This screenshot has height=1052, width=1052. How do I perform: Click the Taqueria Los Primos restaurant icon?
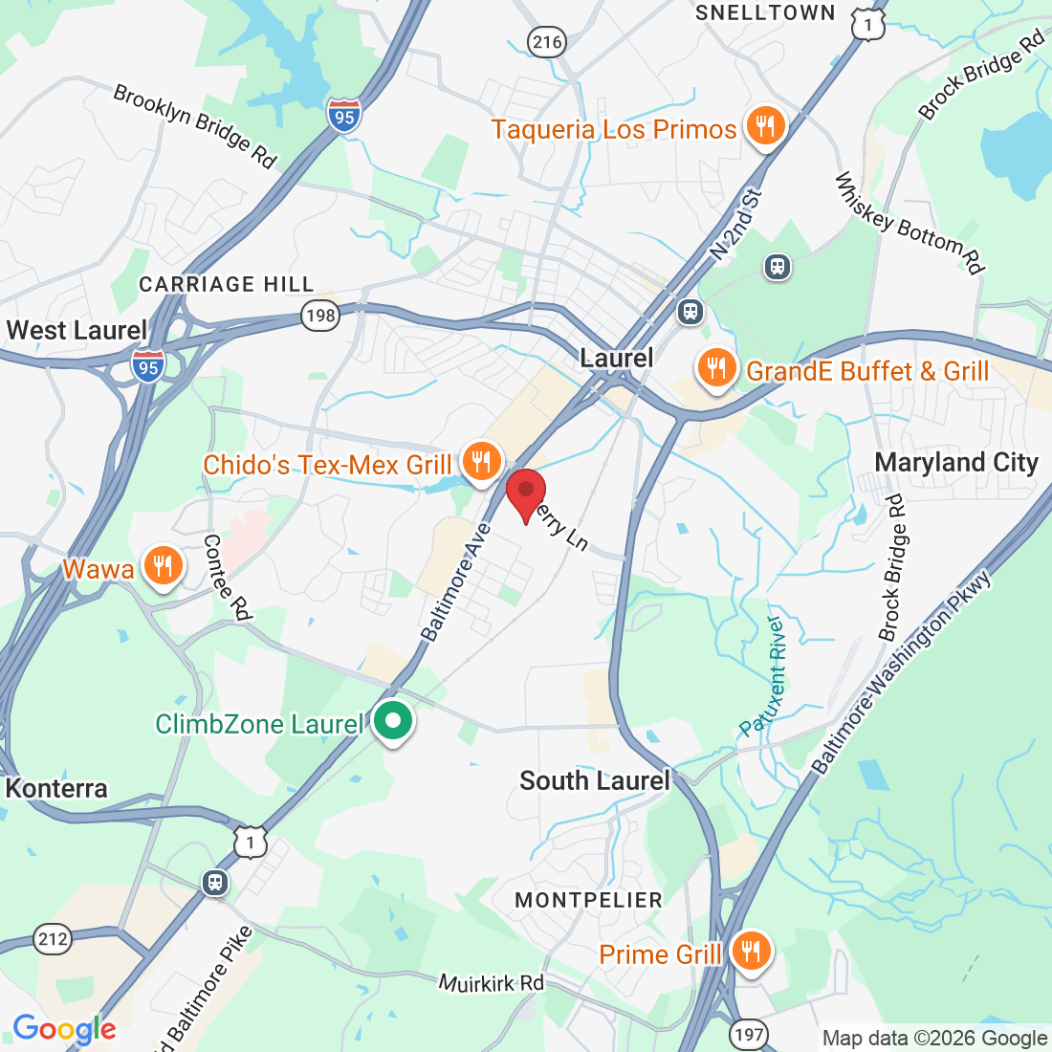click(765, 125)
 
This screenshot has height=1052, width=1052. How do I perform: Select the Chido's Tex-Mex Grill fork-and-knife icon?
click(480, 462)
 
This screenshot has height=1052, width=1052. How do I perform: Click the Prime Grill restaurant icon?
click(751, 951)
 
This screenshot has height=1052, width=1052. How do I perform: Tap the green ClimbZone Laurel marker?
click(392, 722)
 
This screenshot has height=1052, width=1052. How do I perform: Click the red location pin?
click(525, 493)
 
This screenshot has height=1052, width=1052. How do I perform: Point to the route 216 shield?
click(547, 41)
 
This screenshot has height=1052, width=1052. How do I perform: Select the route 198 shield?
click(320, 315)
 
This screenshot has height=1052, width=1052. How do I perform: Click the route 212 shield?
click(54, 939)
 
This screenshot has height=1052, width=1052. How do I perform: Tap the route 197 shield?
click(749, 1033)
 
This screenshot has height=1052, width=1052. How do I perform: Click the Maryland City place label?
click(956, 463)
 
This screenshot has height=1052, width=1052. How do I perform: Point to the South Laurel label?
click(594, 780)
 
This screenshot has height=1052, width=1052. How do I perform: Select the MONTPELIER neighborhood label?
click(588, 900)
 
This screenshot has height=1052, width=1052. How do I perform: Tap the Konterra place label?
click(56, 789)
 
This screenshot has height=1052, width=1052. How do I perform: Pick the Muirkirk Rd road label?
click(492, 982)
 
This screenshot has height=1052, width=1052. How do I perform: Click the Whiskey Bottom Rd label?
click(910, 223)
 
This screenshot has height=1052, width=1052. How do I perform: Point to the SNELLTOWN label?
click(765, 12)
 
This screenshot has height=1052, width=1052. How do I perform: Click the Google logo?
click(64, 1029)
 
